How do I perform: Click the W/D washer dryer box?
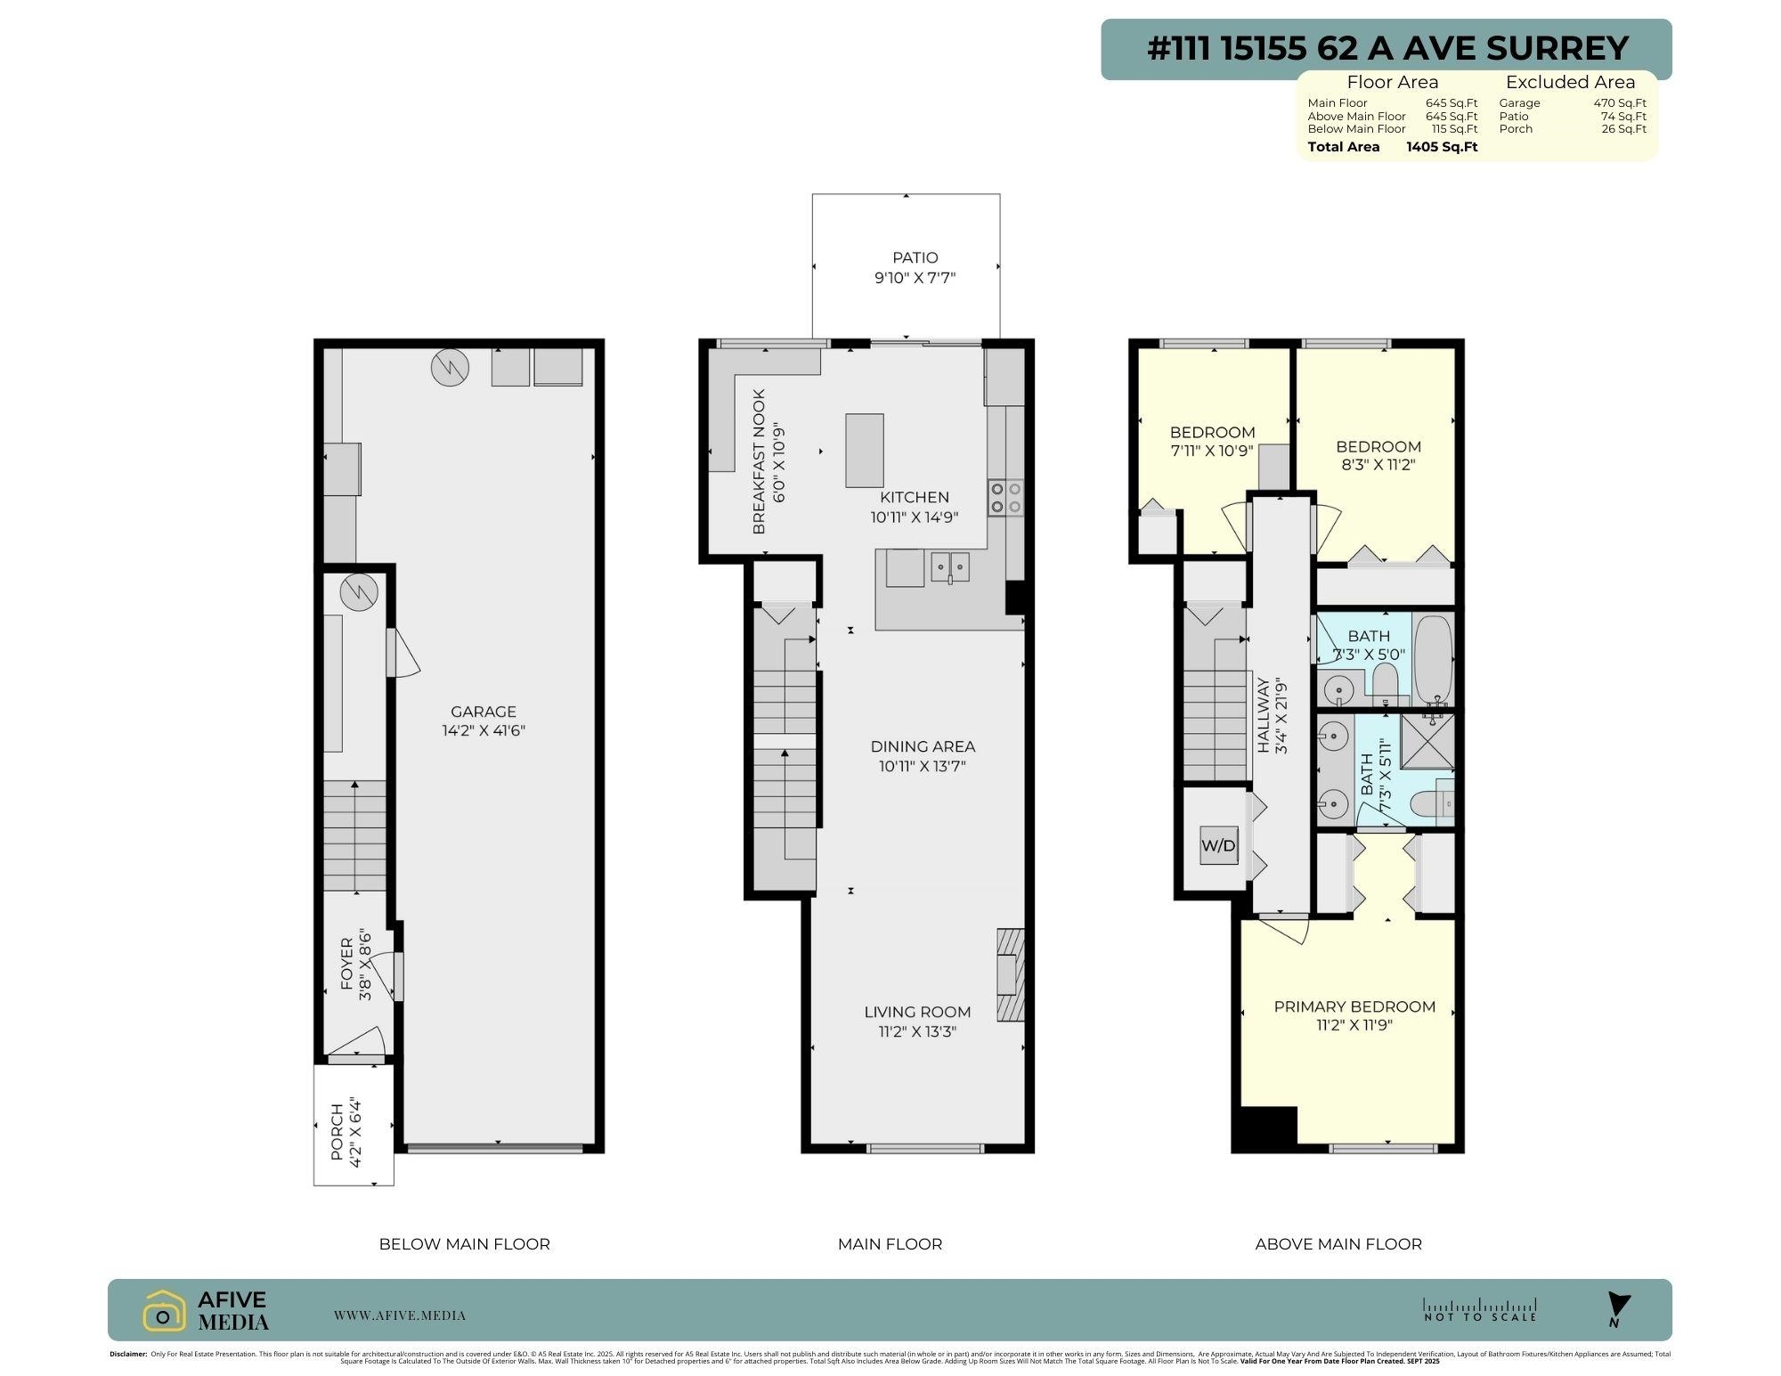(1219, 845)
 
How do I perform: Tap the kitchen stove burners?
(1005, 497)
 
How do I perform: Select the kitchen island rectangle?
(864, 450)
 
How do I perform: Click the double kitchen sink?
(950, 566)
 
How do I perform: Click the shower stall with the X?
(1427, 741)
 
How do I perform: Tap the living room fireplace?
(1010, 974)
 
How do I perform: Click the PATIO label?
(915, 257)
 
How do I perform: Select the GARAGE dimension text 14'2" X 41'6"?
(483, 730)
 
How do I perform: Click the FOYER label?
(347, 965)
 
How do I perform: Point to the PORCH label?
(337, 1132)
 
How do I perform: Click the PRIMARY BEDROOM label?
(1354, 1006)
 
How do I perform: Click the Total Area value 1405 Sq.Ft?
(1441, 147)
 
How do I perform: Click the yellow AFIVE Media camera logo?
(164, 1310)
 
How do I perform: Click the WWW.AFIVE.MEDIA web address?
(399, 1315)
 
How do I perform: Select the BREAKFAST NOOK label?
(759, 461)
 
